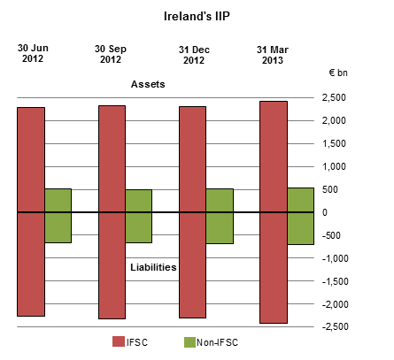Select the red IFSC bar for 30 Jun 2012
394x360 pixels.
click(31, 212)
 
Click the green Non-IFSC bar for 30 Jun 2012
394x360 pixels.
click(58, 215)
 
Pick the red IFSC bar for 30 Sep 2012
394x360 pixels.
click(112, 212)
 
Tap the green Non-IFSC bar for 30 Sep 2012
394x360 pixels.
click(139, 215)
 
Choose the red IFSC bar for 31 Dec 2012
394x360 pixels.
click(193, 212)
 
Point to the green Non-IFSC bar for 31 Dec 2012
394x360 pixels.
click(220, 215)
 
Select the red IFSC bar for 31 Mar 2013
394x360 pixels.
click(274, 212)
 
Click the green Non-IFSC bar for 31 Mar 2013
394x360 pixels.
click(301, 216)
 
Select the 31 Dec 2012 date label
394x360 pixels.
click(193, 54)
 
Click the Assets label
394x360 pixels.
click(149, 85)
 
